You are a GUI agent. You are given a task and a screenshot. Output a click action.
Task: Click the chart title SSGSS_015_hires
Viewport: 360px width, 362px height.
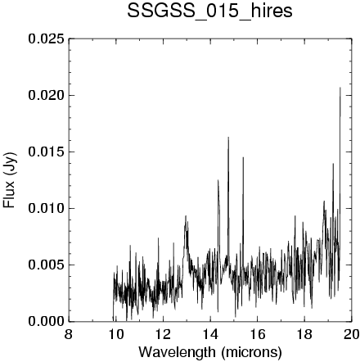[x=209, y=11]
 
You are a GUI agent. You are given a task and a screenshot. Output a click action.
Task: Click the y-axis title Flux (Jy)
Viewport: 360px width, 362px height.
[x=9, y=180]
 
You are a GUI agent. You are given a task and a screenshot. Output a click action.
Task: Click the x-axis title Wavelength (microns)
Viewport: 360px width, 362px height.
[x=210, y=352]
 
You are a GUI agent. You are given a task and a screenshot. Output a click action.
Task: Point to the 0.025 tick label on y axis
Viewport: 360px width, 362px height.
[x=47, y=39]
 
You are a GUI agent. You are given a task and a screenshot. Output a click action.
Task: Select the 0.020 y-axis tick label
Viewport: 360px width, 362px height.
[x=47, y=96]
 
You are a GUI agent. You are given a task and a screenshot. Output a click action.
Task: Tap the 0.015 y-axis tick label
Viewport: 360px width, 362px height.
[x=47, y=152]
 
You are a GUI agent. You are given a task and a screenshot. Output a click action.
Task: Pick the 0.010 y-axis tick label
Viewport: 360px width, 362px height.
[x=47, y=209]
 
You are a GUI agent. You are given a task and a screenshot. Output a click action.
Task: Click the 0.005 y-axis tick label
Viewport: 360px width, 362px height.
[x=47, y=265]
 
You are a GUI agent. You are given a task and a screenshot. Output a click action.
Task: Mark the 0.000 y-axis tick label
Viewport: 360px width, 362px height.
[x=47, y=321]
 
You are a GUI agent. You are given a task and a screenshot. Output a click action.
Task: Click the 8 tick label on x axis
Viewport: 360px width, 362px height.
[x=69, y=334]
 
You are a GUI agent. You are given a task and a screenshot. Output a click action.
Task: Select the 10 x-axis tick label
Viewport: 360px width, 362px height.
[x=115, y=334]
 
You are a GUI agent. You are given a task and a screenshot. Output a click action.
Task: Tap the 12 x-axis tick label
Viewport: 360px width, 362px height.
[x=163, y=334]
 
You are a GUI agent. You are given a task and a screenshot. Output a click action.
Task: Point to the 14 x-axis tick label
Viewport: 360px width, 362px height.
[x=210, y=334]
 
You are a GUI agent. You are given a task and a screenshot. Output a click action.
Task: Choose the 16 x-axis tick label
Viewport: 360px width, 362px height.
[x=257, y=334]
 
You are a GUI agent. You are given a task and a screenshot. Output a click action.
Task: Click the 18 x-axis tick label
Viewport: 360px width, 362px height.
[x=304, y=334]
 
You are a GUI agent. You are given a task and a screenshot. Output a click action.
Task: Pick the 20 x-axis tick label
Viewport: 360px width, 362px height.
[x=352, y=334]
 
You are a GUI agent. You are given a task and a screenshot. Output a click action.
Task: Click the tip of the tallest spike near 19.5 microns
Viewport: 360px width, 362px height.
[x=340, y=88]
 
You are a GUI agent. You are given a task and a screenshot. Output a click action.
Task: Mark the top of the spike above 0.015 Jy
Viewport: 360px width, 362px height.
[x=228, y=137]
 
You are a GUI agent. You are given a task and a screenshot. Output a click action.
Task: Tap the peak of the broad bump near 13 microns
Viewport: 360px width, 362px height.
[x=186, y=215]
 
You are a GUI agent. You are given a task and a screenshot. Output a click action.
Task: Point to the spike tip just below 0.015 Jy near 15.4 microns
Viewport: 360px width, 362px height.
[x=243, y=157]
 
